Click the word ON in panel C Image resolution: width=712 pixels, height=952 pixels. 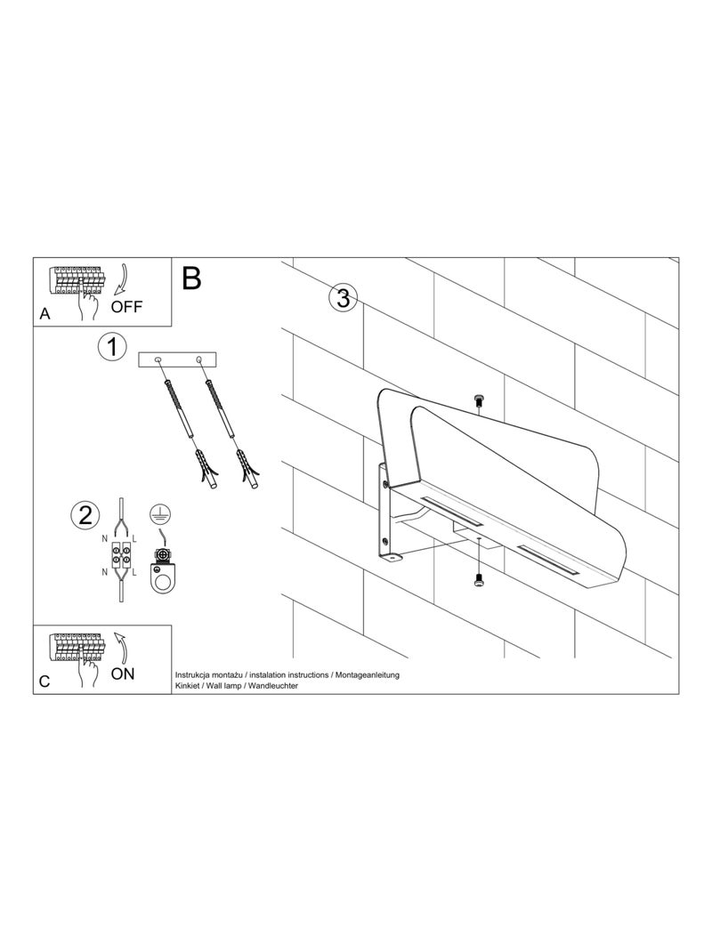124,673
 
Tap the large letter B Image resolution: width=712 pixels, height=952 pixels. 191,278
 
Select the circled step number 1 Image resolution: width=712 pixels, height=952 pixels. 111,347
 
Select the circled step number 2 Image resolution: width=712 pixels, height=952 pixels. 85,514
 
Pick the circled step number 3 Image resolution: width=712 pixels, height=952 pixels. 343,298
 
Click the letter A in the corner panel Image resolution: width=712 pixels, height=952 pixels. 45,314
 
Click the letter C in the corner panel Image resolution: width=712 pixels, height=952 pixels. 45,682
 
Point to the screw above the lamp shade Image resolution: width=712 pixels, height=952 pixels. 480,401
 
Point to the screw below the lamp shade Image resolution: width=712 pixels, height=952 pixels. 480,580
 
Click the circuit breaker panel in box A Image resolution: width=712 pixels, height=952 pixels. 77,279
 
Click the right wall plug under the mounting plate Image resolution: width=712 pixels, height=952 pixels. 247,467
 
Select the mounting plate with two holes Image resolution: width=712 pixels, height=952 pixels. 178,360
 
